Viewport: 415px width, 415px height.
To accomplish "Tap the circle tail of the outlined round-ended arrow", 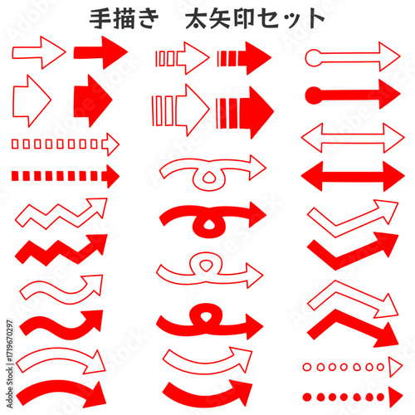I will [313, 58].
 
